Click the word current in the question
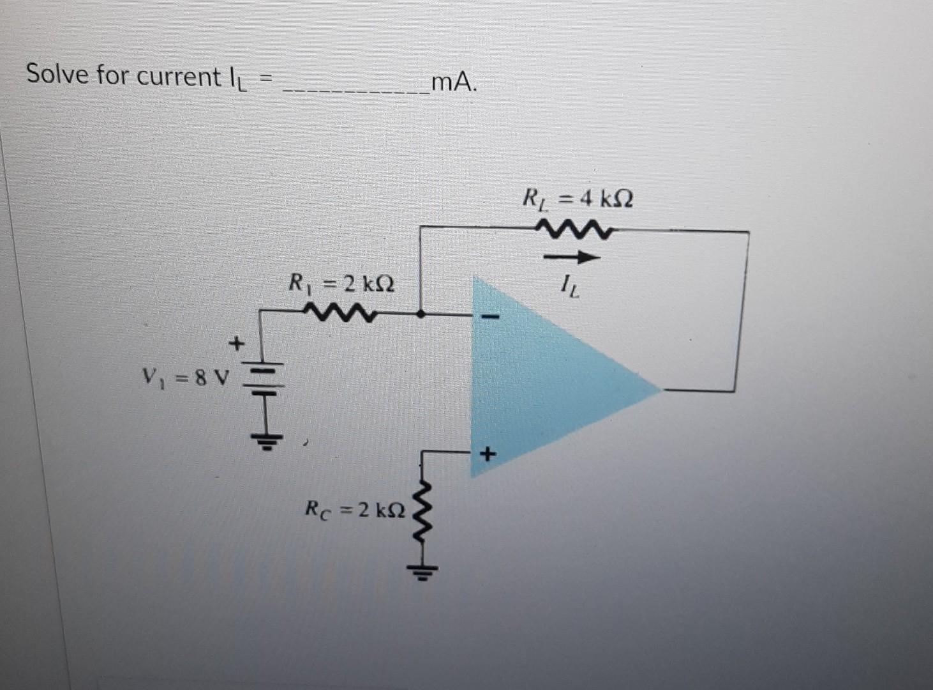tap(179, 77)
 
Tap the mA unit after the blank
tap(453, 82)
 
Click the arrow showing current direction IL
tap(571, 258)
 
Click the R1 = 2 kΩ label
tap(341, 282)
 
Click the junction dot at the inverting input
tap(421, 314)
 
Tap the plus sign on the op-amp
tap(488, 455)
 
